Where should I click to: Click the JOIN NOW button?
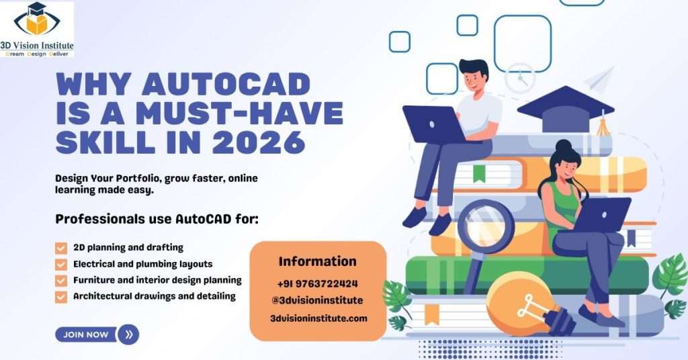coord(85,334)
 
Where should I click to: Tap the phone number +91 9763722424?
coord(317,283)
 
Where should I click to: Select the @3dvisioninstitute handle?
coord(317,300)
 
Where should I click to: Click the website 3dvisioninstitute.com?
coord(318,318)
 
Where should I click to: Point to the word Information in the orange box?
coord(317,261)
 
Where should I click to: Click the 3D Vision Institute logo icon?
coord(36,21)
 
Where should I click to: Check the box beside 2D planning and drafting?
coord(61,248)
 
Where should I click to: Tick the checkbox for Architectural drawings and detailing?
coord(61,296)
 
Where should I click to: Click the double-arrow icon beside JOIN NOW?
coord(128,334)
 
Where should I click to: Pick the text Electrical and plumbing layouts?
coord(142,264)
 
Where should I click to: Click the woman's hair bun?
coord(563,146)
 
